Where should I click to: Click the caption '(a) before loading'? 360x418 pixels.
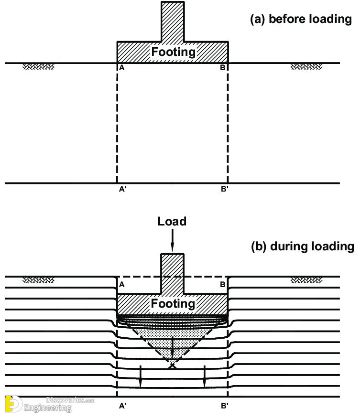301,19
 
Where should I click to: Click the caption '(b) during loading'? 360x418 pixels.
303,247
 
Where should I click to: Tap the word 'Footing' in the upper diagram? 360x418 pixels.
173,52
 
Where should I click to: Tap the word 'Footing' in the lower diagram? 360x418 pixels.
173,303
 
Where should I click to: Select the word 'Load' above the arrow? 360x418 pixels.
173,222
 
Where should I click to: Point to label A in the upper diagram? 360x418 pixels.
122,68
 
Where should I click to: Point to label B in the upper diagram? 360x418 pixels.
222,68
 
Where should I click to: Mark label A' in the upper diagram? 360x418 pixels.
123,189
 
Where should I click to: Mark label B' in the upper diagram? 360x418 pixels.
224,189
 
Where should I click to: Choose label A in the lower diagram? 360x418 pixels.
122,285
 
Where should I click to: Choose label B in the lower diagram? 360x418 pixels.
222,285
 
